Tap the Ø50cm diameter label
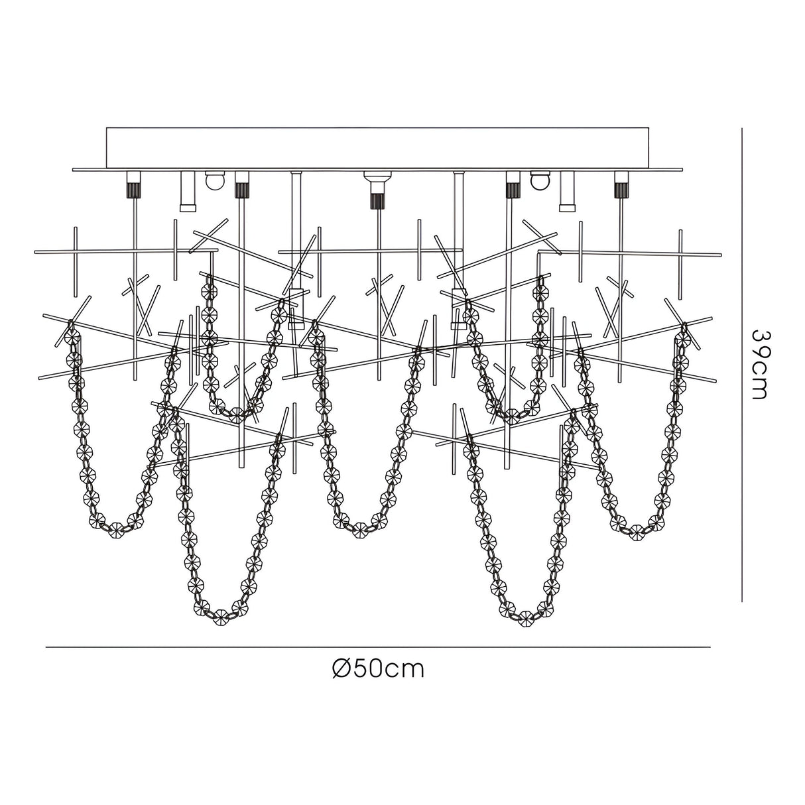[378, 668]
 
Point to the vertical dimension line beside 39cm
[741, 364]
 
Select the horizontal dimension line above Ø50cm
[378, 647]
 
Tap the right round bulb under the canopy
[540, 180]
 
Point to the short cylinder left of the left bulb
[187, 191]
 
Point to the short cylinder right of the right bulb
[566, 191]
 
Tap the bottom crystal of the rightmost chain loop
[638, 530]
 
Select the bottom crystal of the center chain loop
[361, 528]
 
